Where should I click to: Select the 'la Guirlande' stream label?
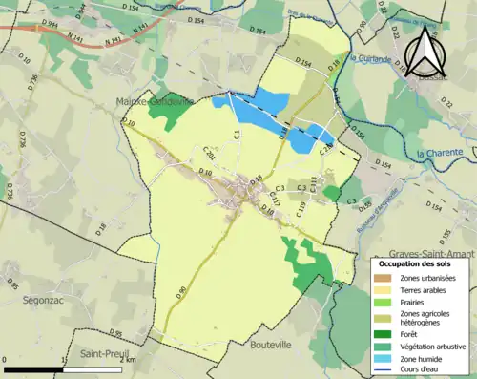[370, 58]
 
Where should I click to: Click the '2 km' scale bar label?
[130, 360]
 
